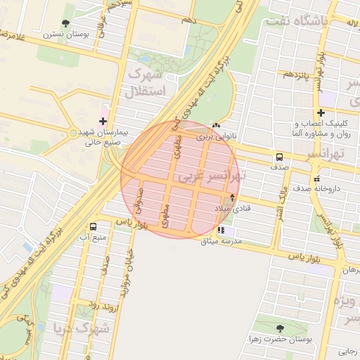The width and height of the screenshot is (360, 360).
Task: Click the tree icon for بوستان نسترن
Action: (66, 24)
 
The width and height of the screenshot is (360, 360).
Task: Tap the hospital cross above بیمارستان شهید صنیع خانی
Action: (103, 121)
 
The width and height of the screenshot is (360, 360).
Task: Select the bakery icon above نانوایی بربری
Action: (215, 127)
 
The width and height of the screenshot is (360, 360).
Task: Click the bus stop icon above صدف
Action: (280, 157)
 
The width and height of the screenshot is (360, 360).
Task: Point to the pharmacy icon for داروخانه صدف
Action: (317, 178)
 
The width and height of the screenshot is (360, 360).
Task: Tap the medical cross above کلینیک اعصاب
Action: (321, 112)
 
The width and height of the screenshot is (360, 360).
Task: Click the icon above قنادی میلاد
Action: (232, 198)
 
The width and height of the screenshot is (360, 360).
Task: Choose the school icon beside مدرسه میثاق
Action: (221, 230)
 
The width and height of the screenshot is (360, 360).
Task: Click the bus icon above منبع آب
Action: (93, 226)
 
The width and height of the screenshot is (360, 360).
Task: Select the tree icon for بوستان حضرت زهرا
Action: (281, 328)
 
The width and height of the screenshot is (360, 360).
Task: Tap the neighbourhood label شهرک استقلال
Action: (144, 82)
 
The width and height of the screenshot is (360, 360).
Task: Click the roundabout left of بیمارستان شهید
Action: (74, 133)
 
